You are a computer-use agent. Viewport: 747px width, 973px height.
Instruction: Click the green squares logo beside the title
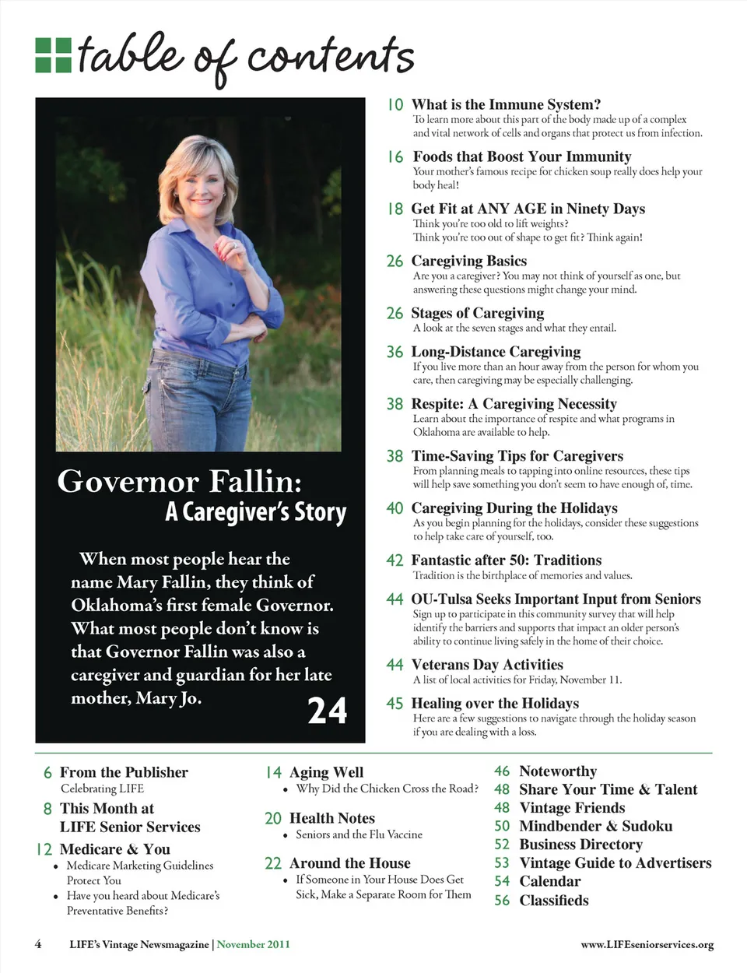coord(53,54)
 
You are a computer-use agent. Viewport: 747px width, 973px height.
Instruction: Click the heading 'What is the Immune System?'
coord(506,104)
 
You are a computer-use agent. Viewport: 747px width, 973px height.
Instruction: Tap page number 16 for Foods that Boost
coord(395,156)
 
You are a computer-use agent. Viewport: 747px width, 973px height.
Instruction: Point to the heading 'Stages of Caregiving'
coord(477,313)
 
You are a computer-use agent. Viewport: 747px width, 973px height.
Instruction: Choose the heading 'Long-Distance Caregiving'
coord(496,352)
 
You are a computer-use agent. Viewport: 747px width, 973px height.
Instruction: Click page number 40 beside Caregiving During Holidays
coord(395,508)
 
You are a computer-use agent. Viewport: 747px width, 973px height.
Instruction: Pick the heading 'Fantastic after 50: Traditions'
coord(506,560)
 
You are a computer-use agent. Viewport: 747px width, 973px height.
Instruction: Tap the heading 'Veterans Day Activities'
coord(486,665)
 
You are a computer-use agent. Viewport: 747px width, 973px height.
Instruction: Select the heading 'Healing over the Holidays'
coord(495,704)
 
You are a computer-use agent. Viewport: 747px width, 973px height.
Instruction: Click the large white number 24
coord(327,710)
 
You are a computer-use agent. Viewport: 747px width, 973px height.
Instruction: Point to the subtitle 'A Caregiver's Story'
coord(255,512)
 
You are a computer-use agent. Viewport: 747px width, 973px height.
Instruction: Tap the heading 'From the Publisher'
coord(124,772)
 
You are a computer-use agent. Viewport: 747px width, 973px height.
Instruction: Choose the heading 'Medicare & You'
coord(114,849)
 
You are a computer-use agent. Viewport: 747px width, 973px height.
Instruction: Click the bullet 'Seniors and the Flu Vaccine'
coord(359,834)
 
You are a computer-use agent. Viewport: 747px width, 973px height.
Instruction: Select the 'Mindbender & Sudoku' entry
coord(595,826)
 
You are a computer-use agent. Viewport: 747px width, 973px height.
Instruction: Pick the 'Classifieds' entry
coord(553,901)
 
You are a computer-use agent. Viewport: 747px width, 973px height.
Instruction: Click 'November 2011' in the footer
coord(253,944)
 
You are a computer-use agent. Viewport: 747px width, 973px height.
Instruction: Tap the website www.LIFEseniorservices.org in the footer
coord(647,945)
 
